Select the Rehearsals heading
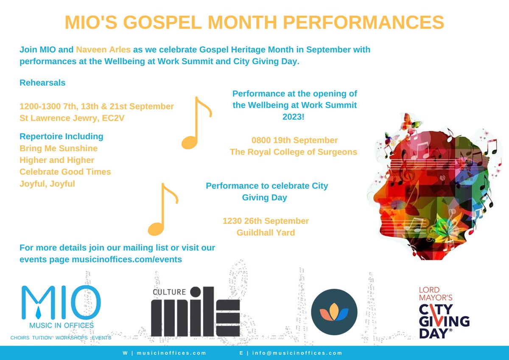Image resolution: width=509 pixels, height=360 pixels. coord(42,83)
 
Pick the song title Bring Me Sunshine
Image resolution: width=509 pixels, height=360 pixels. coord(59,148)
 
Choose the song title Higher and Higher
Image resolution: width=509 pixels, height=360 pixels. coord(57,160)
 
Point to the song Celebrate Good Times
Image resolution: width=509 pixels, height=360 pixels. coord(65,172)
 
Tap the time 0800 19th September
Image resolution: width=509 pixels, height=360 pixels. coord(294,140)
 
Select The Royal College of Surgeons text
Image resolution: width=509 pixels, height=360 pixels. coord(294,152)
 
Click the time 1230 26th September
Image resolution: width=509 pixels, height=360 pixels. coord(266,221)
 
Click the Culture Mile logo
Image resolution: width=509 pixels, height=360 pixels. coord(196,312)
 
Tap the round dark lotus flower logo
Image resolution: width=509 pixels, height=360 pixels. coord(331,312)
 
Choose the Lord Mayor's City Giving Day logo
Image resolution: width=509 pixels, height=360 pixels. coord(444,312)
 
